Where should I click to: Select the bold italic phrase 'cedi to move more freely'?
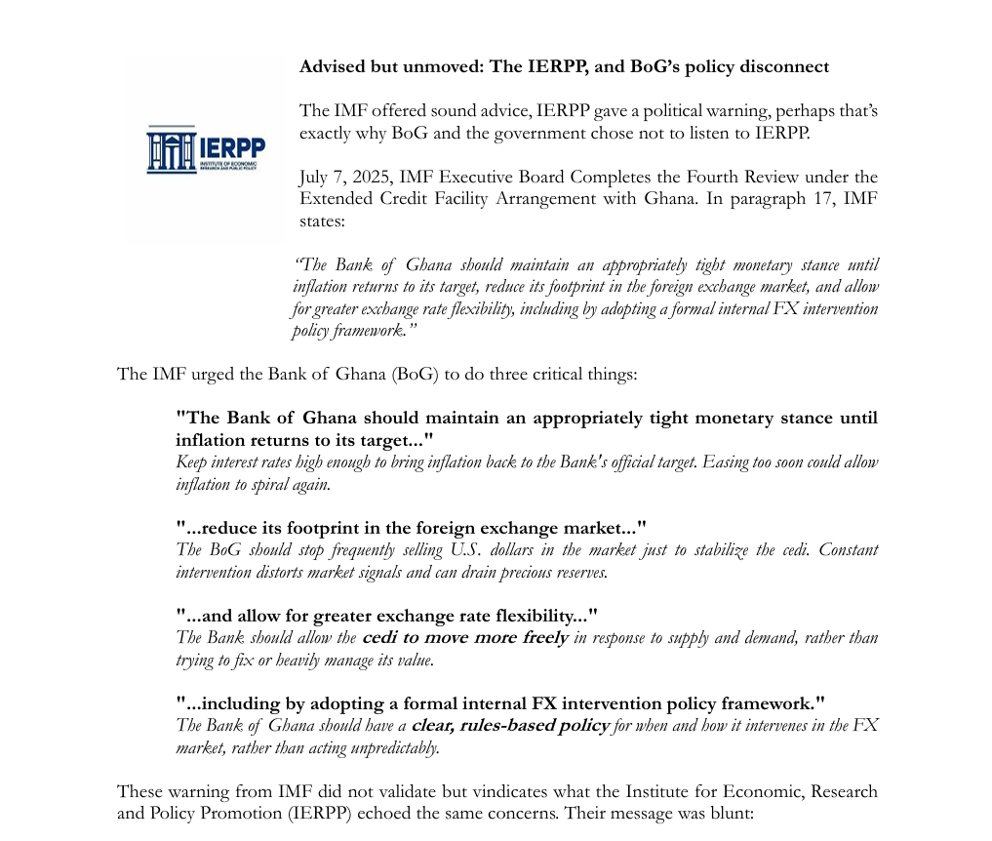pyautogui.click(x=464, y=638)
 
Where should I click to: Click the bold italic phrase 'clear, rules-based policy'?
pyautogui.click(x=510, y=726)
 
